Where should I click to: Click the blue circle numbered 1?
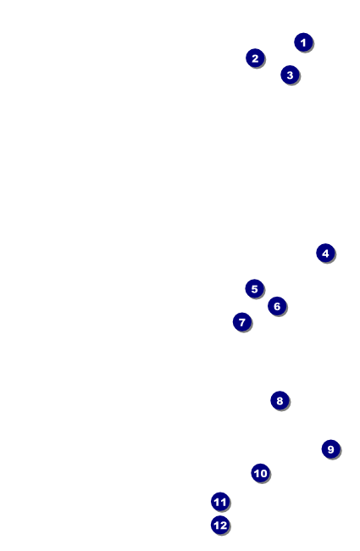click(303, 42)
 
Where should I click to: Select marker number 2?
click(255, 58)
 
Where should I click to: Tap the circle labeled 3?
click(290, 75)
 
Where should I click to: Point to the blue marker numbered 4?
click(325, 253)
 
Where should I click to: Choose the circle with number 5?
click(255, 289)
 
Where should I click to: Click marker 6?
click(277, 306)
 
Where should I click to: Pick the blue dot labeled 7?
click(242, 322)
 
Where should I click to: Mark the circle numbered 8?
click(280, 400)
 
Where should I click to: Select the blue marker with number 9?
click(331, 449)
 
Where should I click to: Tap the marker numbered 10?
click(261, 473)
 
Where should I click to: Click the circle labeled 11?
click(220, 502)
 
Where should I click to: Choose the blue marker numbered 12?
click(220, 526)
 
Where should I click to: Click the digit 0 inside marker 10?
click(263, 473)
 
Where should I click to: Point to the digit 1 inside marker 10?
click(257, 473)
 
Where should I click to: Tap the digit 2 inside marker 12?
click(224, 526)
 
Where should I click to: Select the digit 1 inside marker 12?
click(217, 526)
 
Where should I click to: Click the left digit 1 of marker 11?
click(217, 502)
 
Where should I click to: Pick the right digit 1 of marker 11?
click(224, 502)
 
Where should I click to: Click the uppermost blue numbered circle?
click(303, 42)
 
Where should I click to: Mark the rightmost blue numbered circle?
click(331, 449)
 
